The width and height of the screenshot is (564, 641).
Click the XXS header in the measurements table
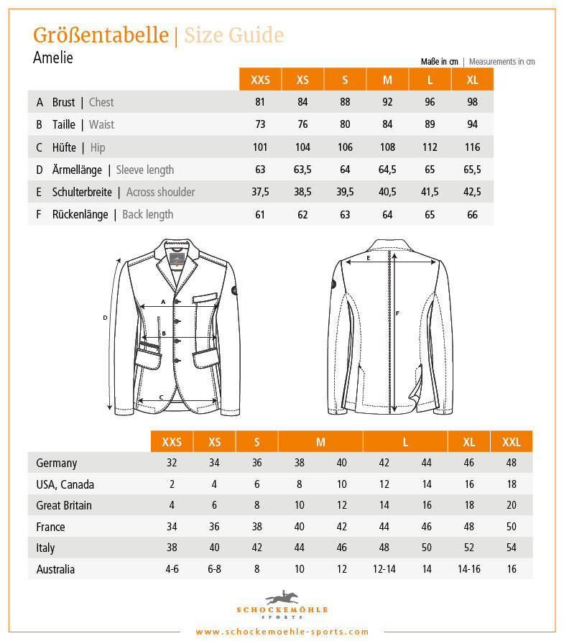(x=260, y=80)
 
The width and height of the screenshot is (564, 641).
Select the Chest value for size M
(x=387, y=102)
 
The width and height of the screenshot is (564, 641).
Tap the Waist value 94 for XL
(x=472, y=124)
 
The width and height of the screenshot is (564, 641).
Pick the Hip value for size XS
(x=302, y=147)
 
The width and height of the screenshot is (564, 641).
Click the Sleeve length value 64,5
(x=387, y=170)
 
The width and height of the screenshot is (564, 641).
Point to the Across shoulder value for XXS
(x=260, y=192)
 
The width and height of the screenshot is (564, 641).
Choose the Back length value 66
(x=472, y=214)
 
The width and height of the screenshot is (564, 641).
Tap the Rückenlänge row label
(x=80, y=214)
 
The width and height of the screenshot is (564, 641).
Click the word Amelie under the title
(x=53, y=57)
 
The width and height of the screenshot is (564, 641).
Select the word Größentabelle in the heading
(x=101, y=35)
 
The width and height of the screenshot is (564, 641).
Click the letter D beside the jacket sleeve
(x=105, y=317)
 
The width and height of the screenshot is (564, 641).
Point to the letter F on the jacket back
(x=397, y=313)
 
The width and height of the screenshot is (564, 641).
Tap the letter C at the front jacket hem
(x=161, y=397)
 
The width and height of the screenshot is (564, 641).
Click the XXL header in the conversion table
(x=512, y=442)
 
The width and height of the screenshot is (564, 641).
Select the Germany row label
(x=56, y=464)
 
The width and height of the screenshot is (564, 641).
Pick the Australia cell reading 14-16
(x=469, y=570)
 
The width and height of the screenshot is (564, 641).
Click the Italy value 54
(x=512, y=548)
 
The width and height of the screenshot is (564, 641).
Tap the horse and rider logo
(x=281, y=597)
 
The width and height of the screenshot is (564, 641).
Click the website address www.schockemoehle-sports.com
(x=282, y=632)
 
